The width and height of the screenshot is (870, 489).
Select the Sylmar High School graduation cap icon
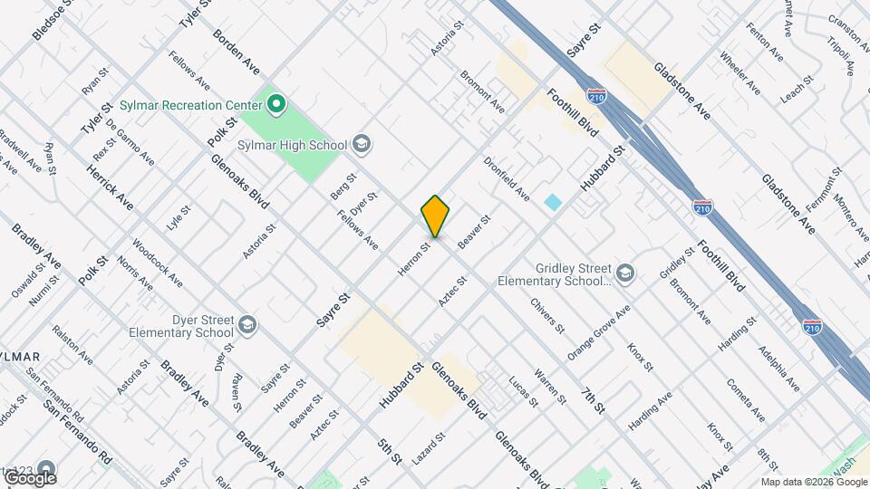[x=361, y=145]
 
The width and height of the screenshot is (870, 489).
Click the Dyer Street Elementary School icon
[x=246, y=324]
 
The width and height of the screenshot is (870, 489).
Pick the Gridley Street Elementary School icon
[x=626, y=273]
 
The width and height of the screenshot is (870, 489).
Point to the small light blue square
[x=553, y=202]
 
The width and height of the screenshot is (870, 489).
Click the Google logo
[x=30, y=477]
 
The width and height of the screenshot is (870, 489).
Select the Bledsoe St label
[x=54, y=20]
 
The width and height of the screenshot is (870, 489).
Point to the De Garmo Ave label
[x=130, y=142]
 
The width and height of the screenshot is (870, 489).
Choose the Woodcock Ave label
[x=157, y=264]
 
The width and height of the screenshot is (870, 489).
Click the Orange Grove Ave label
[x=600, y=328]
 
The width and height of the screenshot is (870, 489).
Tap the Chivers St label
[x=547, y=316]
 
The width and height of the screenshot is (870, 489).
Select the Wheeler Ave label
[x=739, y=76]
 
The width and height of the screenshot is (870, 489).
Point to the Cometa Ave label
[x=745, y=399]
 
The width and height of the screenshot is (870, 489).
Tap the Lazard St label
[x=429, y=449]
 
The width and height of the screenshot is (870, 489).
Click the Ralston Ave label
[x=72, y=344]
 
